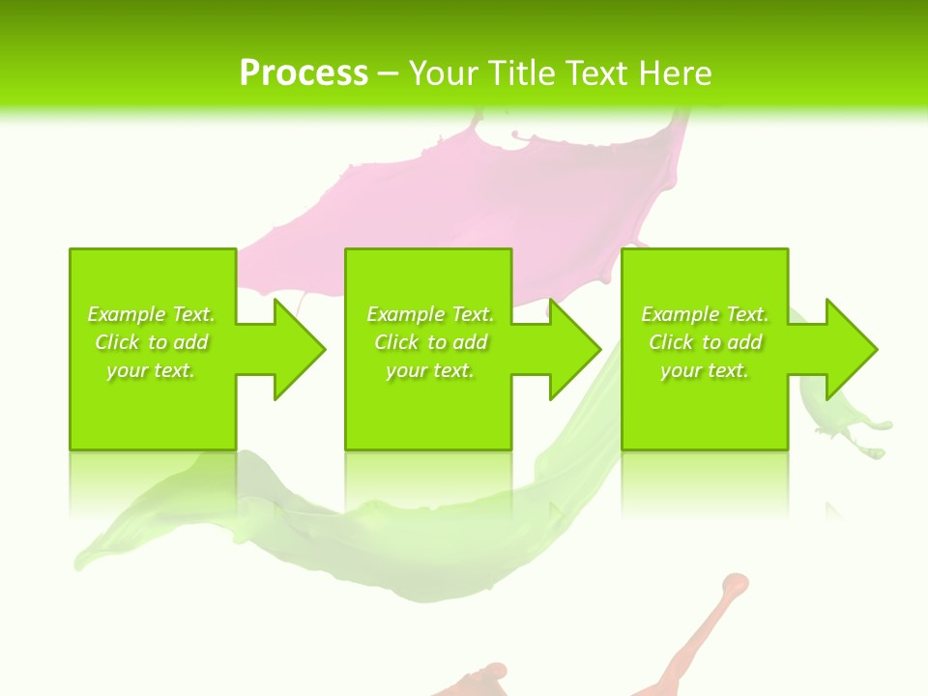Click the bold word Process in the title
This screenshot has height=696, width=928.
click(304, 73)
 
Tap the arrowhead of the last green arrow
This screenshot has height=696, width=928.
click(850, 349)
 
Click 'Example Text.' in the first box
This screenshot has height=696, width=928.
click(151, 314)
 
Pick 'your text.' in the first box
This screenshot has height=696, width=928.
click(151, 370)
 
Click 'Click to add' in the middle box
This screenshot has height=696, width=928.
click(430, 342)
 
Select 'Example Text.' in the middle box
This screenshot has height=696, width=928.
click(430, 314)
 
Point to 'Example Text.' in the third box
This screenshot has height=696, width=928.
click(705, 314)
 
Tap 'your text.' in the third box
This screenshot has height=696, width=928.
click(705, 370)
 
